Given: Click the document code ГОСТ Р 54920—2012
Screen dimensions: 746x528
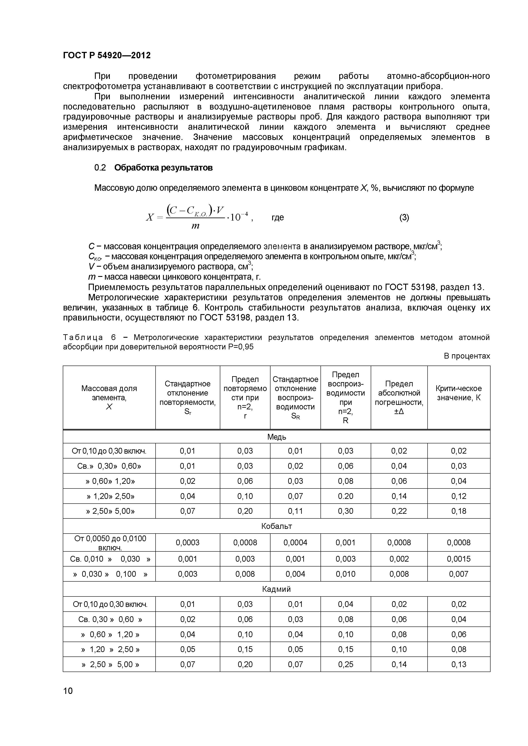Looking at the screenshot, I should pyautogui.click(x=107, y=55).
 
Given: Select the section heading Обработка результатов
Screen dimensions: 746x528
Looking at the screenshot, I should pyautogui.click(x=163, y=168).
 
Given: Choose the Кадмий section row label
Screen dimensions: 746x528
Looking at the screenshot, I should pyautogui.click(x=276, y=589).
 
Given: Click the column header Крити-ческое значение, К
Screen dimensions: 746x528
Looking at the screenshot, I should pyautogui.click(x=458, y=393).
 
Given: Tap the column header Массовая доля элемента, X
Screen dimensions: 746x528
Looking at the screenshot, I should pyautogui.click(x=109, y=397).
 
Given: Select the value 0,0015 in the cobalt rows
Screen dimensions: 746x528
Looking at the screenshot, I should pyautogui.click(x=458, y=559).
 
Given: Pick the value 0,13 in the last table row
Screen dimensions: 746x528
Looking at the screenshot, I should pyautogui.click(x=458, y=665).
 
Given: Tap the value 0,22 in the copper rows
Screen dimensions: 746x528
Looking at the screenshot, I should pyautogui.click(x=399, y=511).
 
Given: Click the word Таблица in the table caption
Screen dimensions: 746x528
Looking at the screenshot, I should pyautogui.click(x=83, y=337).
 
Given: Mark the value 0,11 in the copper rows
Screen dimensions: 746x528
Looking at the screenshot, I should pyautogui.click(x=295, y=511).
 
